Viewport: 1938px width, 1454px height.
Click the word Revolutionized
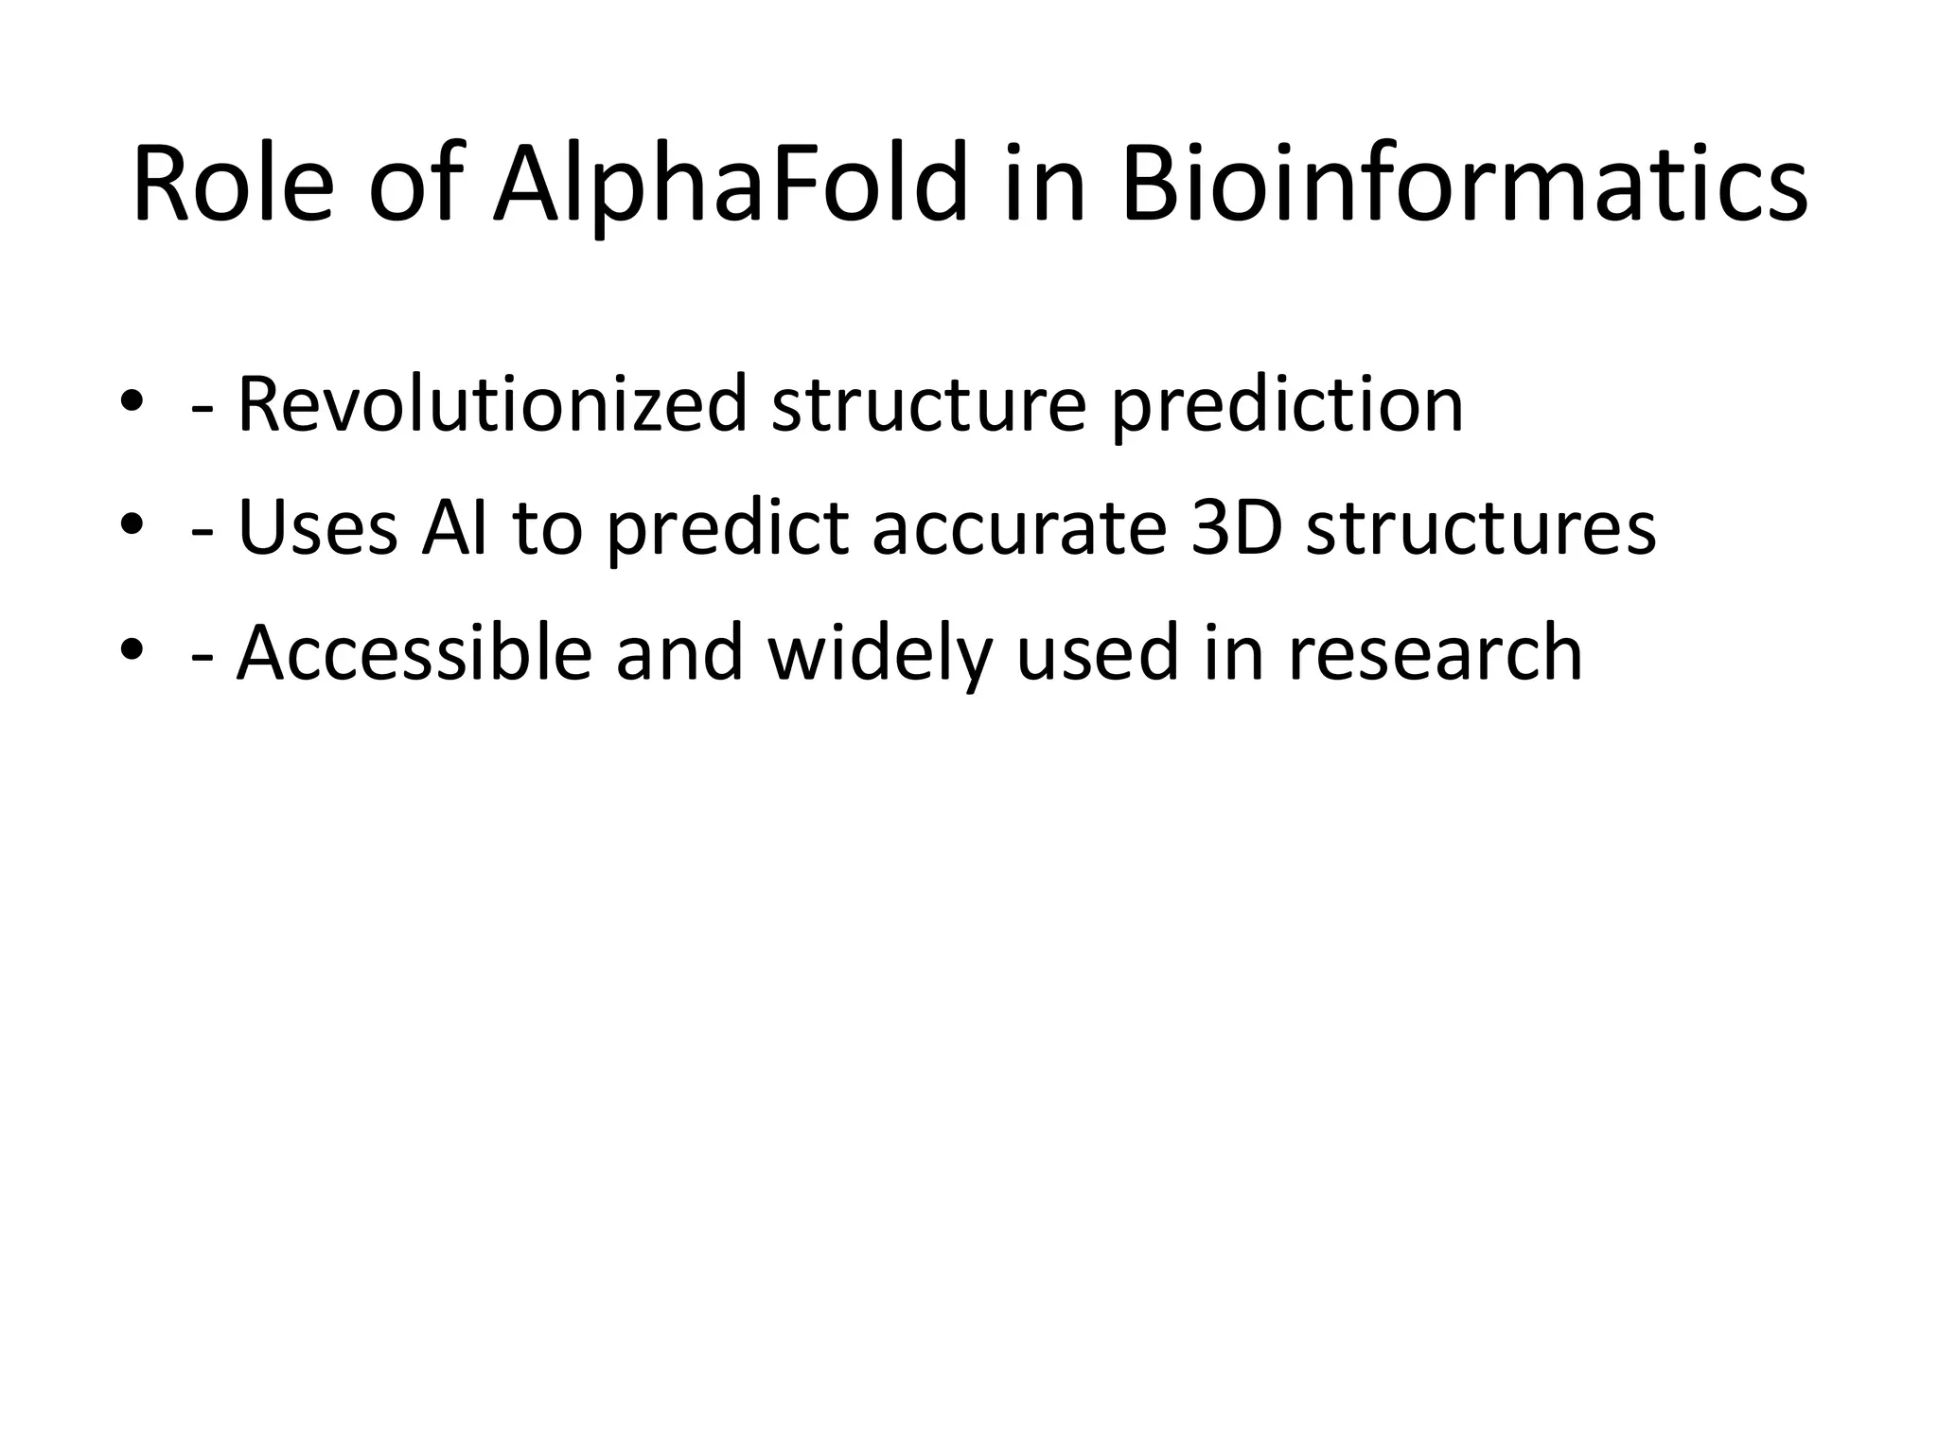click(492, 405)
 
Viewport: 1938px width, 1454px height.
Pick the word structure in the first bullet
click(928, 405)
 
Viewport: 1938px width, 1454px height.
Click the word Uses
click(318, 528)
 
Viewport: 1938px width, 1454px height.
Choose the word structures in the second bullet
click(1481, 528)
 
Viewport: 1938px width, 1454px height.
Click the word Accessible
click(414, 652)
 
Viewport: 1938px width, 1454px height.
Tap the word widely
click(880, 654)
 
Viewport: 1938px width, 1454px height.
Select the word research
click(1435, 654)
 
